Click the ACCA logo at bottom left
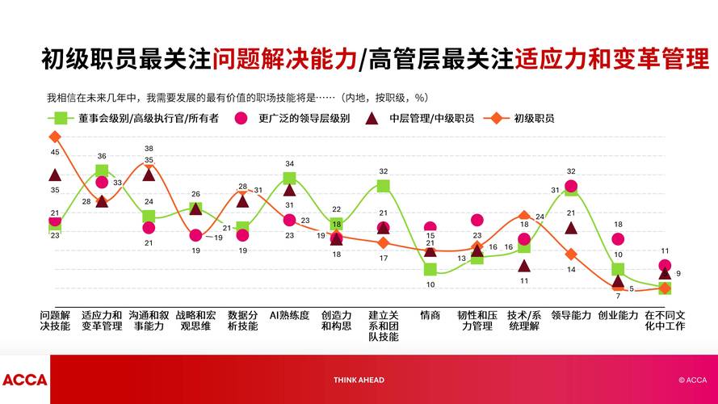click(24, 380)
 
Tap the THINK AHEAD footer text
click(359, 380)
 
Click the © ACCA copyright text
click(692, 380)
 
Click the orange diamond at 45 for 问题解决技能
click(55, 137)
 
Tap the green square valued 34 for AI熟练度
click(289, 179)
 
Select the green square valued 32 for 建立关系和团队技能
click(384, 186)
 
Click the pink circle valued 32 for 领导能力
click(571, 187)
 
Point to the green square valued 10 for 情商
click(430, 269)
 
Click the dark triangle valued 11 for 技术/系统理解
click(524, 265)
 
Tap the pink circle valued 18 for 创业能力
click(618, 239)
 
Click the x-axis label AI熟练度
click(289, 315)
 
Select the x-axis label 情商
click(430, 315)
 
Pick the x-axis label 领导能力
click(571, 315)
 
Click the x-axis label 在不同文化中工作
click(665, 321)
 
